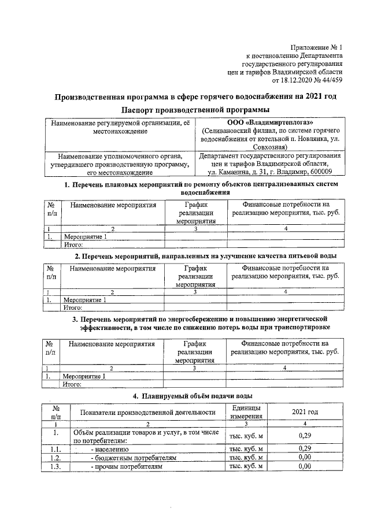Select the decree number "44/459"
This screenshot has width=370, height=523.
point(332,81)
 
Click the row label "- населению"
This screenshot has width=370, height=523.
point(109,448)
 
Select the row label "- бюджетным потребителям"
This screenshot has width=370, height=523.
point(134,457)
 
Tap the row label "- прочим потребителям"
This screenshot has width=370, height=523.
point(127,466)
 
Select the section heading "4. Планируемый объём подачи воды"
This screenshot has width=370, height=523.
point(193,395)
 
